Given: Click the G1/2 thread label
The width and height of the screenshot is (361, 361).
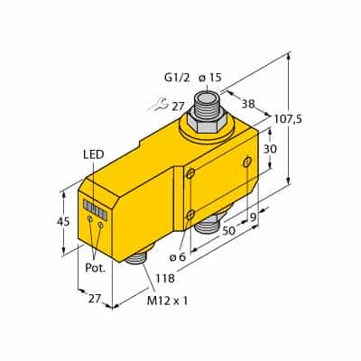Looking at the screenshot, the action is [177, 78].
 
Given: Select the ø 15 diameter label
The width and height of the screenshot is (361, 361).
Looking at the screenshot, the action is [210, 78].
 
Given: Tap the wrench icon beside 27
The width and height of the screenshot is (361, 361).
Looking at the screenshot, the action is [159, 104].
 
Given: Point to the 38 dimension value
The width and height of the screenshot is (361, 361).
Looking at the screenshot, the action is [248, 104].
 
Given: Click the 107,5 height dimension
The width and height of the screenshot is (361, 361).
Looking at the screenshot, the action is [288, 119].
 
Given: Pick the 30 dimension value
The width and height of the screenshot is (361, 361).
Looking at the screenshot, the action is [270, 149].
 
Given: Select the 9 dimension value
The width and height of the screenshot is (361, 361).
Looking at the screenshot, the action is [255, 218].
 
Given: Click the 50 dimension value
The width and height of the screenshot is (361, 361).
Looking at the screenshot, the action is [228, 231].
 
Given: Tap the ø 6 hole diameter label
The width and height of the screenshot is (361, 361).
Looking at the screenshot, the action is [178, 257].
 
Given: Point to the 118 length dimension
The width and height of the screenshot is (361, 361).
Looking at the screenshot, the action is [165, 278].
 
